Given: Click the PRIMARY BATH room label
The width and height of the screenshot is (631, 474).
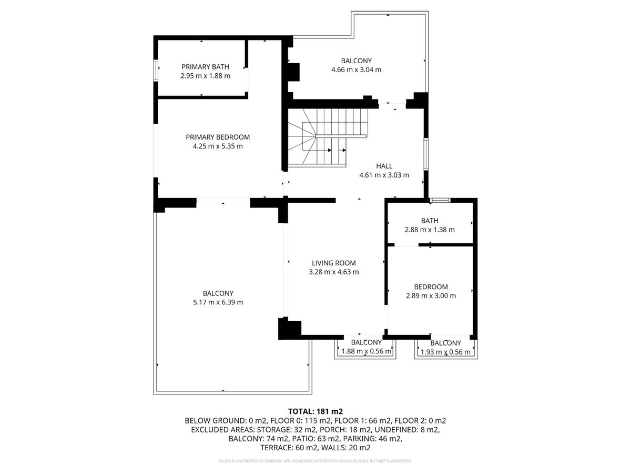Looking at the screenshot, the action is (x=205, y=67).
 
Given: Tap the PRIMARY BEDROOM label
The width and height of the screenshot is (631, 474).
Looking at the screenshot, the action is (x=218, y=137).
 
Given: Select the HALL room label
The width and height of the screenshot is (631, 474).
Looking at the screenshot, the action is (x=384, y=166).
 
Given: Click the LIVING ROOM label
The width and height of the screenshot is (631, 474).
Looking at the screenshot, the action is (x=334, y=263).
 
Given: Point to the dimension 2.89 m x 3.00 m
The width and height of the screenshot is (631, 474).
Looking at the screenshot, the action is (x=431, y=295).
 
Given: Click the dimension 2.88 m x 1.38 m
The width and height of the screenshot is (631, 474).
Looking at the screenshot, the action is (x=430, y=230).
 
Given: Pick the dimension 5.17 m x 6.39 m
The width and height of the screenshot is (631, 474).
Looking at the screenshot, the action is (x=218, y=302).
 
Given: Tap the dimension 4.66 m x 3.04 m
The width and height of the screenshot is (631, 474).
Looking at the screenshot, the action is (x=356, y=70).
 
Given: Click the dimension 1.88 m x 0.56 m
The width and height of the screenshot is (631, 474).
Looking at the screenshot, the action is (x=366, y=351).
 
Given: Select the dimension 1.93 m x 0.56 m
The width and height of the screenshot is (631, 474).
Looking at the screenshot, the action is (x=445, y=352).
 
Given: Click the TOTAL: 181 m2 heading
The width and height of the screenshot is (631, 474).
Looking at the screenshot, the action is (x=315, y=411).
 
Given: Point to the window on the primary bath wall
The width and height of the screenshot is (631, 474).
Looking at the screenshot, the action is (x=156, y=71).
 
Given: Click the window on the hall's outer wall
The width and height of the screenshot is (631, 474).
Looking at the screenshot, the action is (x=426, y=154).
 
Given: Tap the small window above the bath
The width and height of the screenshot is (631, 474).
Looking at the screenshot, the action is (x=440, y=200).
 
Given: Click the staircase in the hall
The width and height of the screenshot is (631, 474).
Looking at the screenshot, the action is (x=328, y=137).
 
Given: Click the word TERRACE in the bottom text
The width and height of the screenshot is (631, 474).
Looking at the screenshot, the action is (x=275, y=448).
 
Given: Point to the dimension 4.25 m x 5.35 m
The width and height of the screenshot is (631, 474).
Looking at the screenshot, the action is (x=218, y=146).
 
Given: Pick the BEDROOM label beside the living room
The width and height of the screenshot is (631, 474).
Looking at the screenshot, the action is (x=431, y=287).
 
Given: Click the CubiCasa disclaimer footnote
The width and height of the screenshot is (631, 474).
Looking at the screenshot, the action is (x=315, y=461).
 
